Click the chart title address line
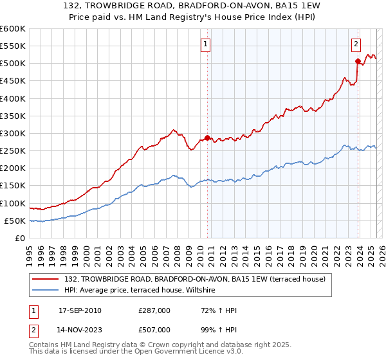pyautogui.click(x=192, y=6)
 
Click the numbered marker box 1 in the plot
pyautogui.click(x=205, y=44)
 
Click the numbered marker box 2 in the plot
pyautogui.click(x=356, y=44)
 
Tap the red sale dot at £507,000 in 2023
pyautogui.click(x=358, y=61)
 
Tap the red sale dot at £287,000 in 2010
pyautogui.click(x=207, y=138)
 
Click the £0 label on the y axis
pyautogui.click(x=20, y=238)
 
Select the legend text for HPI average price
pyautogui.click(x=142, y=291)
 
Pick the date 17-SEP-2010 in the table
pyautogui.click(x=80, y=310)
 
